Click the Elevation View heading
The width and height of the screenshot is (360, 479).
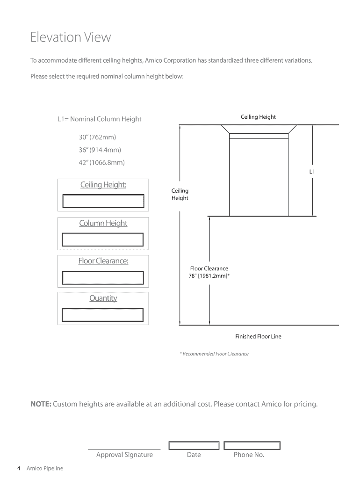click(x=71, y=37)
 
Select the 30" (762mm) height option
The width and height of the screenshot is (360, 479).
click(x=97, y=138)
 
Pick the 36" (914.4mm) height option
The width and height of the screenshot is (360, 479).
click(x=100, y=150)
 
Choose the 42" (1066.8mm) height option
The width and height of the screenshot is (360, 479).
click(x=102, y=163)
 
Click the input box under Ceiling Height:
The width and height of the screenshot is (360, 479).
click(x=103, y=201)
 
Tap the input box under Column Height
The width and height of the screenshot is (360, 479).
click(x=102, y=239)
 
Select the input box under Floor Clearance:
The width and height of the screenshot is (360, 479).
click(x=103, y=277)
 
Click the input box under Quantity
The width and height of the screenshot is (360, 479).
click(x=102, y=315)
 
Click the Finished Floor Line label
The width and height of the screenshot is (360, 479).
click(x=258, y=336)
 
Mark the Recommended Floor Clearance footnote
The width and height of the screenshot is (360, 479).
click(x=214, y=354)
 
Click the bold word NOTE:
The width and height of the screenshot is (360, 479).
click(x=41, y=404)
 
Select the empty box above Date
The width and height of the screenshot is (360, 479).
click(x=194, y=445)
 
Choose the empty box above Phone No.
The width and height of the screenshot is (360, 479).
click(x=252, y=445)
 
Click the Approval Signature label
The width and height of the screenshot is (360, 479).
click(x=124, y=455)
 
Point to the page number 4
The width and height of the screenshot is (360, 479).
click(x=18, y=468)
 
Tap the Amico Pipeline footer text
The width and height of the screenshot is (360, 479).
click(x=44, y=468)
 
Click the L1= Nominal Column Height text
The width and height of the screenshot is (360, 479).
click(x=99, y=119)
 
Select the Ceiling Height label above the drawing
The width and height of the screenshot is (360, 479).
click(x=258, y=117)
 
